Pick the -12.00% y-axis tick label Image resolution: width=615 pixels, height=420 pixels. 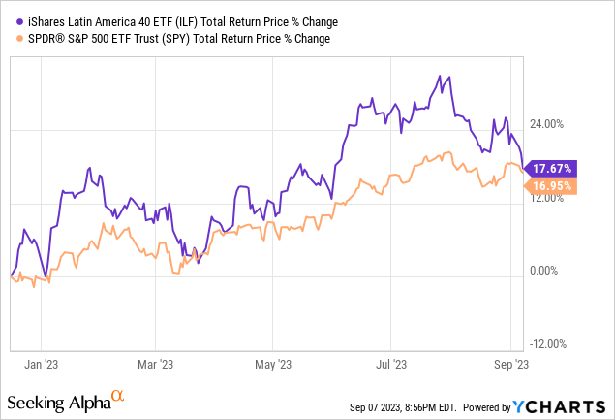coord(549,345)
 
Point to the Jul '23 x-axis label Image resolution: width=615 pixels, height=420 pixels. coord(390,364)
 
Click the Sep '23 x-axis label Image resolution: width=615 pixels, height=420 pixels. coord(510,364)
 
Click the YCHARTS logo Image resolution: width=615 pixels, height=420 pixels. coord(569,403)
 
